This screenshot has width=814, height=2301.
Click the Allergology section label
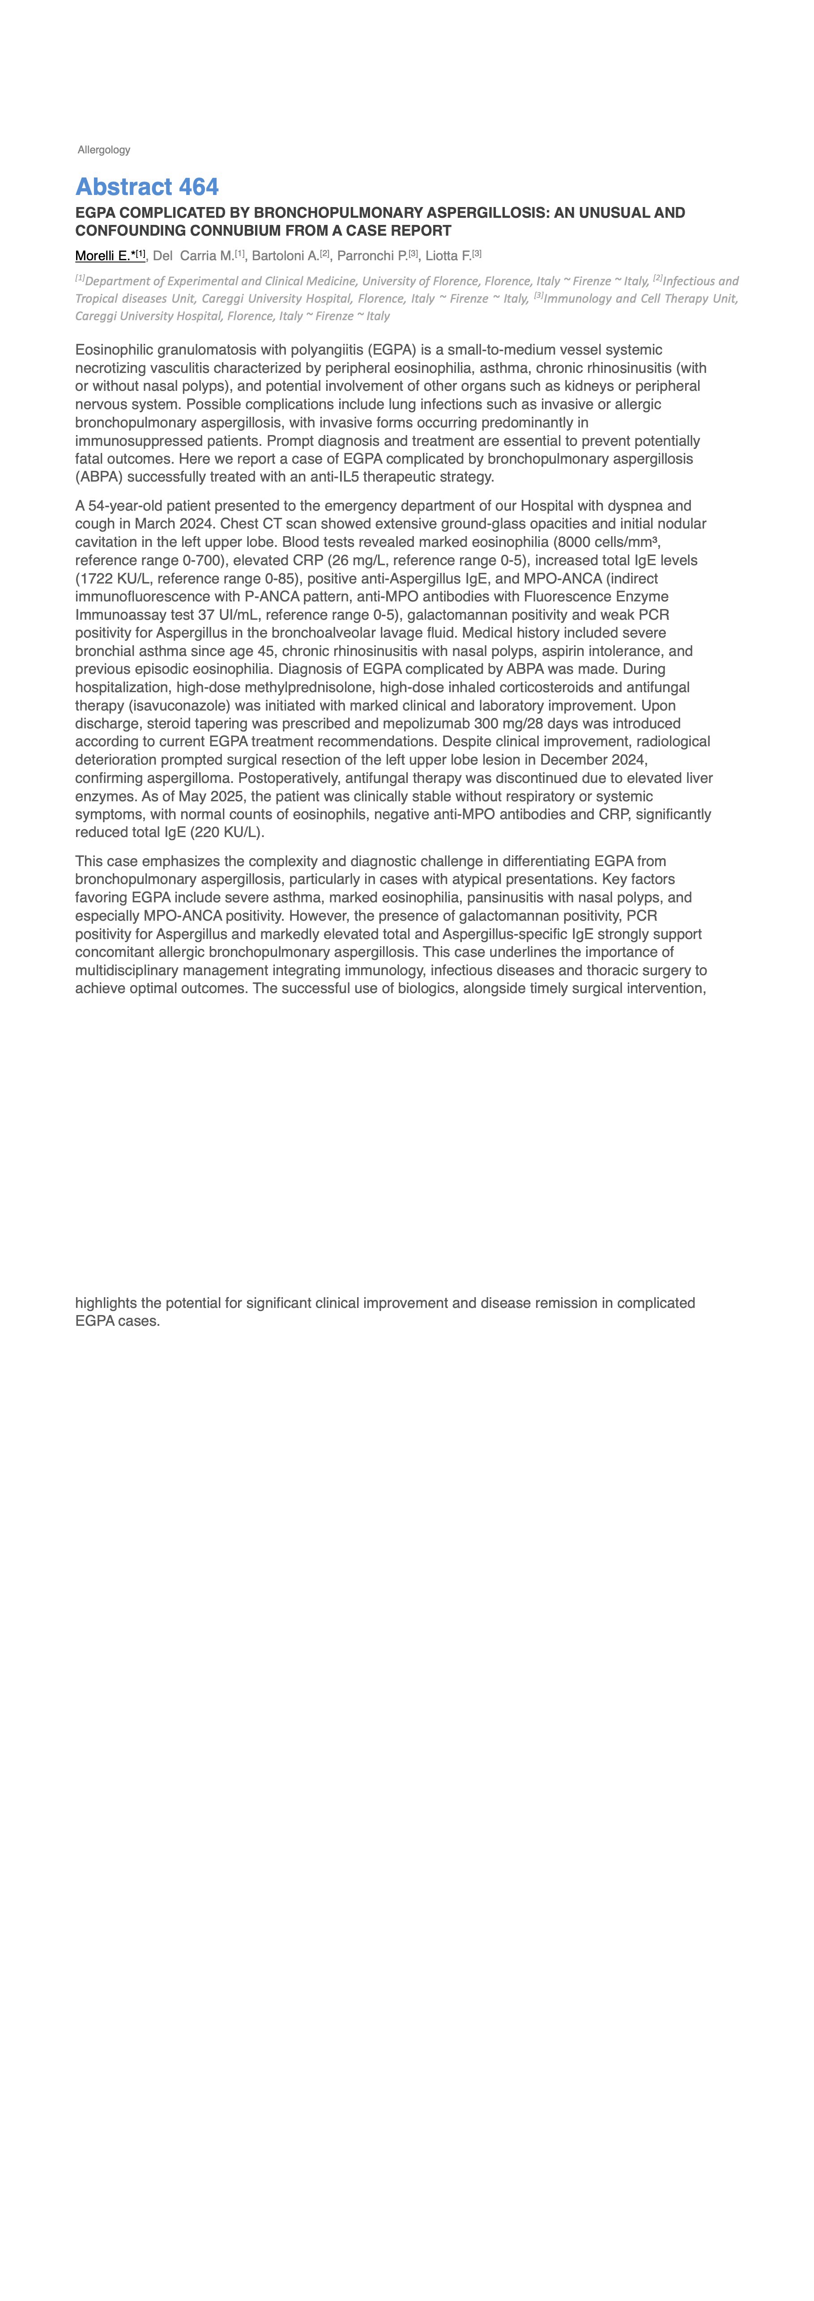(104, 150)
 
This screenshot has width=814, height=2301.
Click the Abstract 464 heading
(146, 187)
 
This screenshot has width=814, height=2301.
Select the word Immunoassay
(118, 614)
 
